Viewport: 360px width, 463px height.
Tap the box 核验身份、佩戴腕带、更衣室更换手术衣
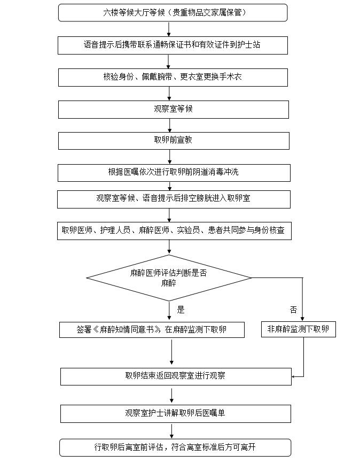[x=173, y=77]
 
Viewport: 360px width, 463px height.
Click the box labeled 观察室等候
[x=173, y=109]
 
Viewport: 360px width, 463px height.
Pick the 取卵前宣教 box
[x=173, y=141]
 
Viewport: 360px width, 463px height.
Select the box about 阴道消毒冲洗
[x=173, y=172]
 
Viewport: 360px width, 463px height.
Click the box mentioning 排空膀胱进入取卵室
[x=173, y=199]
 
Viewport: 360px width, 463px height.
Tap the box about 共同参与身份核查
[x=174, y=231]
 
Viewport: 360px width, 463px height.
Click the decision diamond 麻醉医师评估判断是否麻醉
[x=169, y=277]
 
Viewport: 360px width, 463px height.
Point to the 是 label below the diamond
[x=181, y=310]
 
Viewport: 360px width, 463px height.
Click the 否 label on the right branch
[x=293, y=310]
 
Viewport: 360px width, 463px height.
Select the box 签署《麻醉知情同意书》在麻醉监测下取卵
[x=152, y=329]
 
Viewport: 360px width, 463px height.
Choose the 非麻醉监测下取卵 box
[x=298, y=329]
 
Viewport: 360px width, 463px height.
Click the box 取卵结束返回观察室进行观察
[x=175, y=376]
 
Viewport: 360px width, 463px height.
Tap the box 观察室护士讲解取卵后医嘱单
[x=175, y=413]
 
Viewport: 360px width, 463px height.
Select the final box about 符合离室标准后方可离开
[x=175, y=447]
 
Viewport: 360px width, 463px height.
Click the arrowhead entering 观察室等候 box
[x=169, y=98]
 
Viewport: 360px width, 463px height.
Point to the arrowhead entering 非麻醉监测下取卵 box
[x=302, y=319]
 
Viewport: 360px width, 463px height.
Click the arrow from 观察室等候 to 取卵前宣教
[x=169, y=125]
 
